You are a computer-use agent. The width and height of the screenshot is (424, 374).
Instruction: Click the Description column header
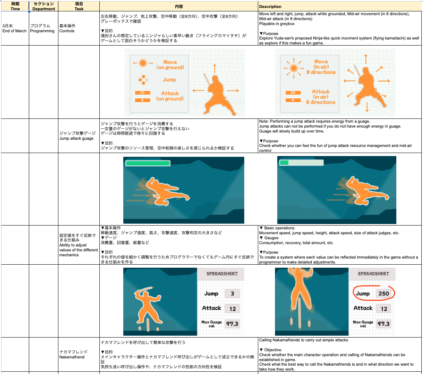270,6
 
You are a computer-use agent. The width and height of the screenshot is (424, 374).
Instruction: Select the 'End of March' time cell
14,28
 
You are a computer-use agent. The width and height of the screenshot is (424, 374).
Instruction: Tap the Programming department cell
42,28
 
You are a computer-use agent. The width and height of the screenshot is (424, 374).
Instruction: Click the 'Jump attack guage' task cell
77,136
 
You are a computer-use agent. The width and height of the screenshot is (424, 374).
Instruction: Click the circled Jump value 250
384,294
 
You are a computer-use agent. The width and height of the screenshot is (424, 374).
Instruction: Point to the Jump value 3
232,294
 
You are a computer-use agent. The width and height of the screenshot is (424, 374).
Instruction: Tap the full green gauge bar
148,163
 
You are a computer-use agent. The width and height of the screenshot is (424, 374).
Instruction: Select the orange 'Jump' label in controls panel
169,80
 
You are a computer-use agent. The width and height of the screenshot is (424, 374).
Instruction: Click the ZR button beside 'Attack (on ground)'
143,93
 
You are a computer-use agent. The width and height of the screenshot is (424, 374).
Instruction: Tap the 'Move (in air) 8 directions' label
321,67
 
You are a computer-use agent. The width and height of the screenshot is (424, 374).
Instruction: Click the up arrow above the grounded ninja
215,69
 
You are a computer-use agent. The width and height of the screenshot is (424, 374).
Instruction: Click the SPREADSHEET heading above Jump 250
374,273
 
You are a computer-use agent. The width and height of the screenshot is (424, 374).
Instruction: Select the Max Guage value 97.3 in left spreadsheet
232,324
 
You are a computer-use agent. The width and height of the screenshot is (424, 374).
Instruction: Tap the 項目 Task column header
79,6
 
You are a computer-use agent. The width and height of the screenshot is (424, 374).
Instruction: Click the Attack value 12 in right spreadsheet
384,309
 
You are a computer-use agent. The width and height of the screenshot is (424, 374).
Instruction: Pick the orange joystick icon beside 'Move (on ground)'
143,63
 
